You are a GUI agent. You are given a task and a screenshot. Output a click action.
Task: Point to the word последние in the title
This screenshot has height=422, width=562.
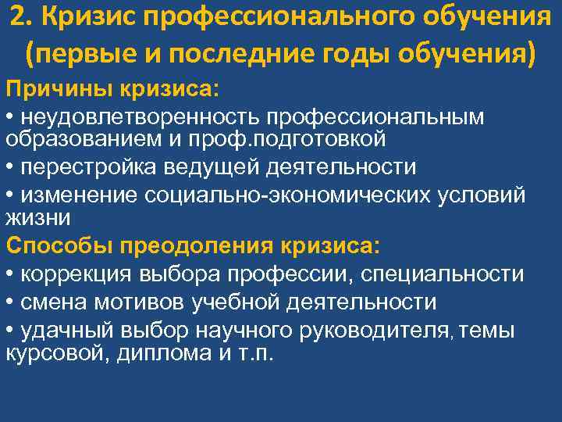(253, 55)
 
